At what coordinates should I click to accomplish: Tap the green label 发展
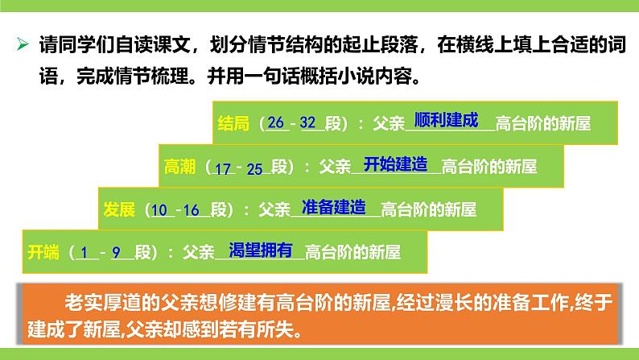pos(119,210)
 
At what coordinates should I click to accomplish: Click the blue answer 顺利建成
pos(446,121)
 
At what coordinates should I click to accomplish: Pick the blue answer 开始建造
pos(395,163)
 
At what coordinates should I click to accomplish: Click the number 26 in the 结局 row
pos(276,123)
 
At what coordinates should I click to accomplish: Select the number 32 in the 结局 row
pos(307,123)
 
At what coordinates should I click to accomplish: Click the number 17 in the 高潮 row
pos(223,168)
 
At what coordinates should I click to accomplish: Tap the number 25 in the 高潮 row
pos(254,168)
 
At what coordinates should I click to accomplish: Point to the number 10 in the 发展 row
pos(160,210)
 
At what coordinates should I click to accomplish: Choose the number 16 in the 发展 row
pos(192,210)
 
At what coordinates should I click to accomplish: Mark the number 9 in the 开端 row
pos(117,252)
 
